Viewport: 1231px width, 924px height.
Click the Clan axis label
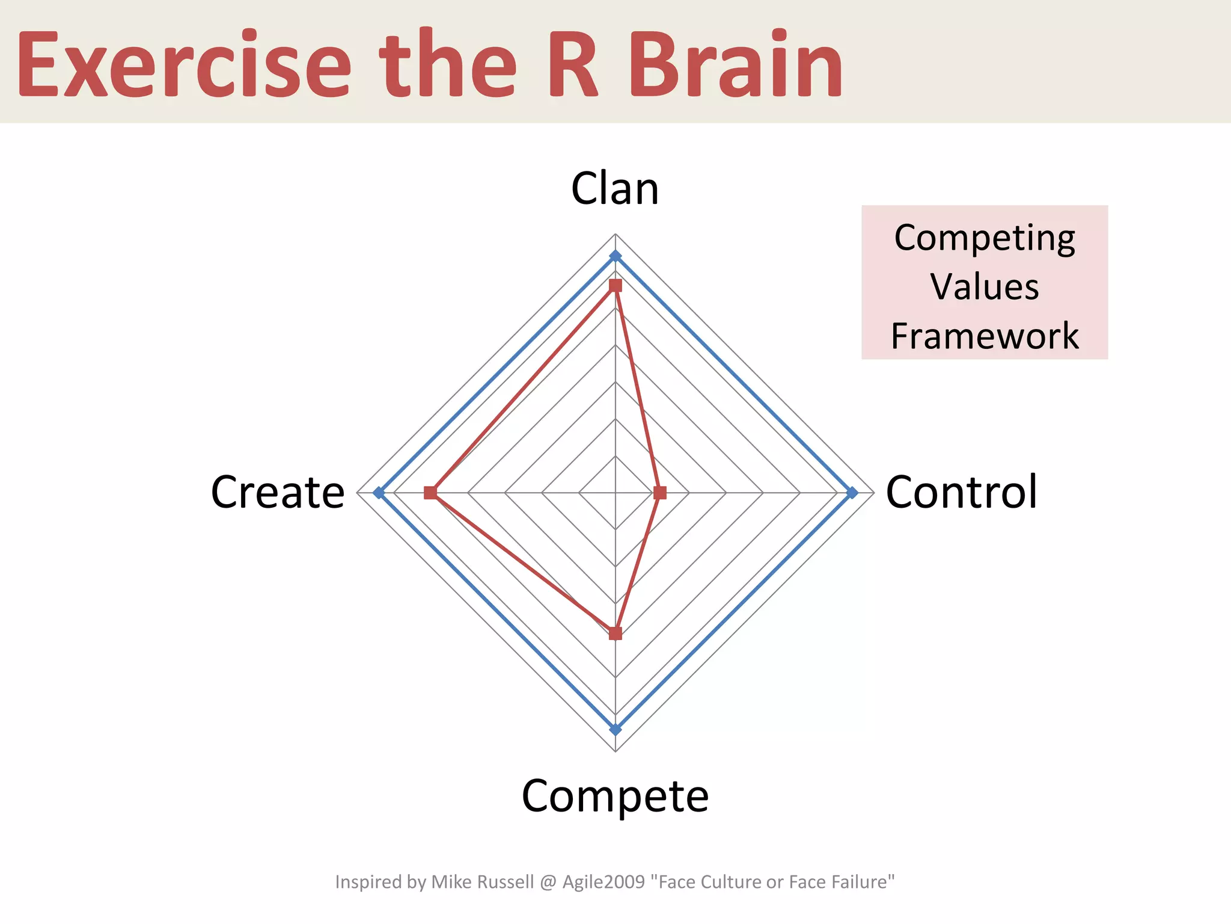615,189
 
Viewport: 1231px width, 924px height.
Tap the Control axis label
962,492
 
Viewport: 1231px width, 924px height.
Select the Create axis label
278,492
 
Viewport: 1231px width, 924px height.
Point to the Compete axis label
615,796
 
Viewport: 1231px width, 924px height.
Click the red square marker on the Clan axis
615,285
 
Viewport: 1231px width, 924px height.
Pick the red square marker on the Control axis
659,493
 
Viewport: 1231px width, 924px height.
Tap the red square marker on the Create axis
430,493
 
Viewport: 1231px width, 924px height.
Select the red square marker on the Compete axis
615,633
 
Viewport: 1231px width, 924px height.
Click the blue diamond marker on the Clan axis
615,256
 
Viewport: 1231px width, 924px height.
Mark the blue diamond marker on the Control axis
852,493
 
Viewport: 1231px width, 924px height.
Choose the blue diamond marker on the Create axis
378,493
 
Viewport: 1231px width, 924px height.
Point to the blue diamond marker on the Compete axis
615,730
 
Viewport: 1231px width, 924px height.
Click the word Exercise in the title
184,65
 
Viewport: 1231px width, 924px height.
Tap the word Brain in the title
736,65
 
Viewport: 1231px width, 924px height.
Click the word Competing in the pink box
985,238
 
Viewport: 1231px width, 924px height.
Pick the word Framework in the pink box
985,336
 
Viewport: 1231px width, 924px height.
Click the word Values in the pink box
985,287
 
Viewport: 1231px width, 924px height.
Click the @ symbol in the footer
548,882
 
